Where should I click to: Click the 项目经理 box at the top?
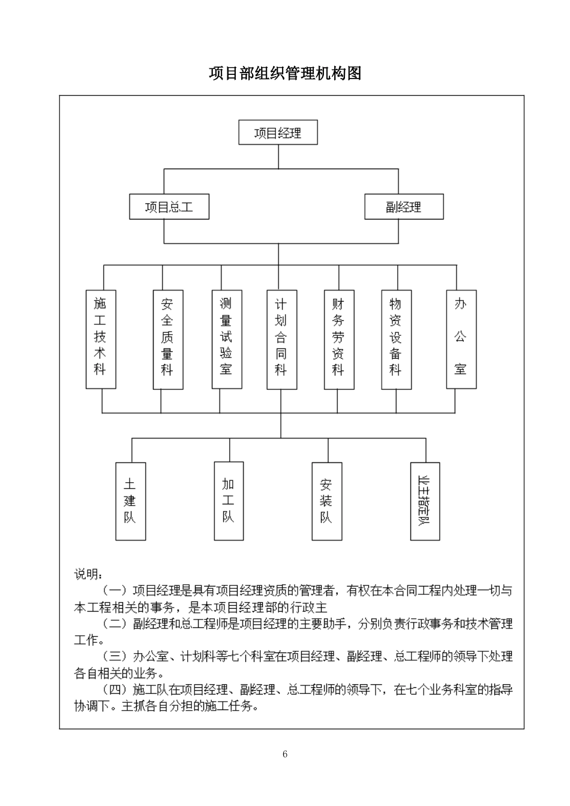[x=278, y=133]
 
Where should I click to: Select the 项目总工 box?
[x=169, y=207]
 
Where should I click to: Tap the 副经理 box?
[x=404, y=207]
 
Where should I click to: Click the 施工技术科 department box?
[x=100, y=339]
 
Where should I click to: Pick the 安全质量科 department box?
[x=167, y=339]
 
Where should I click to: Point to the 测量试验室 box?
[x=226, y=339]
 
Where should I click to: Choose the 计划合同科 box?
[x=281, y=339]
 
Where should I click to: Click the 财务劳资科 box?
[x=338, y=339]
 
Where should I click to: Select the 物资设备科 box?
[x=396, y=339]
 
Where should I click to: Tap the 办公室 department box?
[x=461, y=339]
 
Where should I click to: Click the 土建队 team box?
[x=130, y=501]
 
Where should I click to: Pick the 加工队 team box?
[x=229, y=501]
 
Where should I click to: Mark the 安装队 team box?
[x=326, y=501]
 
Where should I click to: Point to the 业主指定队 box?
[x=425, y=501]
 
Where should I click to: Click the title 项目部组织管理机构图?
[x=285, y=74]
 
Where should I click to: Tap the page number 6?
[x=285, y=754]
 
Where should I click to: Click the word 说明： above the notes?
[x=88, y=575]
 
